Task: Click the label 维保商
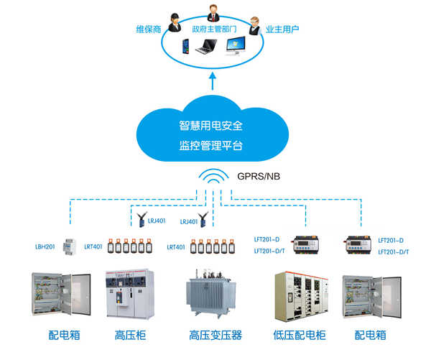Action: click(x=148, y=29)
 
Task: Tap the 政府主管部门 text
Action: click(x=215, y=29)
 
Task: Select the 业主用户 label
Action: click(x=282, y=29)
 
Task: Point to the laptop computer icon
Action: click(x=206, y=48)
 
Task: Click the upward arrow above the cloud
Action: click(x=211, y=81)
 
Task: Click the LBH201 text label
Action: click(x=45, y=246)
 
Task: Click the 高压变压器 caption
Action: click(x=215, y=335)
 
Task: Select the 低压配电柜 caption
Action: click(x=300, y=335)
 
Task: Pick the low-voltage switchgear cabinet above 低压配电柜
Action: click(x=300, y=296)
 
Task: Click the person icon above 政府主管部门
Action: click(x=213, y=13)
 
